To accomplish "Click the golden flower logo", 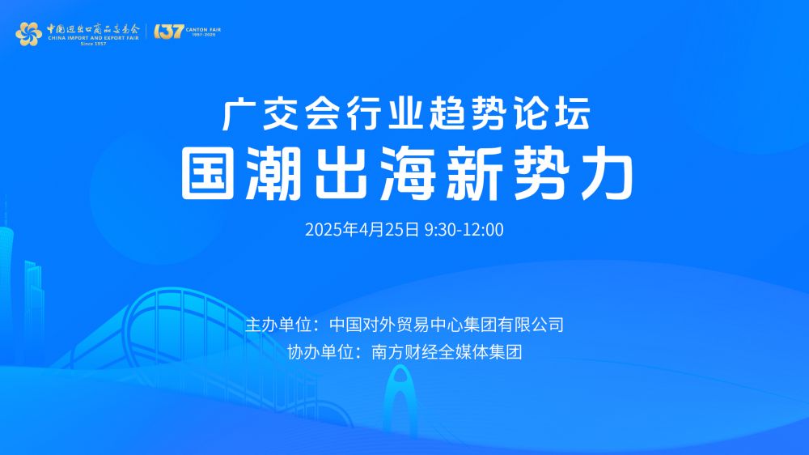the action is click(28, 34).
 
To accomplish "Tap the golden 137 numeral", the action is click(169, 32).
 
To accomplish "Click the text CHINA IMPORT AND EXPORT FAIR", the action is click(93, 38).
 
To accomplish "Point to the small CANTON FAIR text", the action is click(203, 29).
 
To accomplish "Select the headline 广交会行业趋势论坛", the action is click(407, 114).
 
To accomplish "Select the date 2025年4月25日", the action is click(362, 230).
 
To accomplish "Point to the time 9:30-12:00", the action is click(464, 230).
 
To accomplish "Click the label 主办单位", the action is click(279, 325).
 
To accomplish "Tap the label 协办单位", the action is click(321, 352).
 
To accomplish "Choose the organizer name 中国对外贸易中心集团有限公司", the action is click(447, 325).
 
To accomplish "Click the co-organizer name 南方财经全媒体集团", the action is click(447, 352).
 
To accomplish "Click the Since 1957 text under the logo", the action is click(93, 44).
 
